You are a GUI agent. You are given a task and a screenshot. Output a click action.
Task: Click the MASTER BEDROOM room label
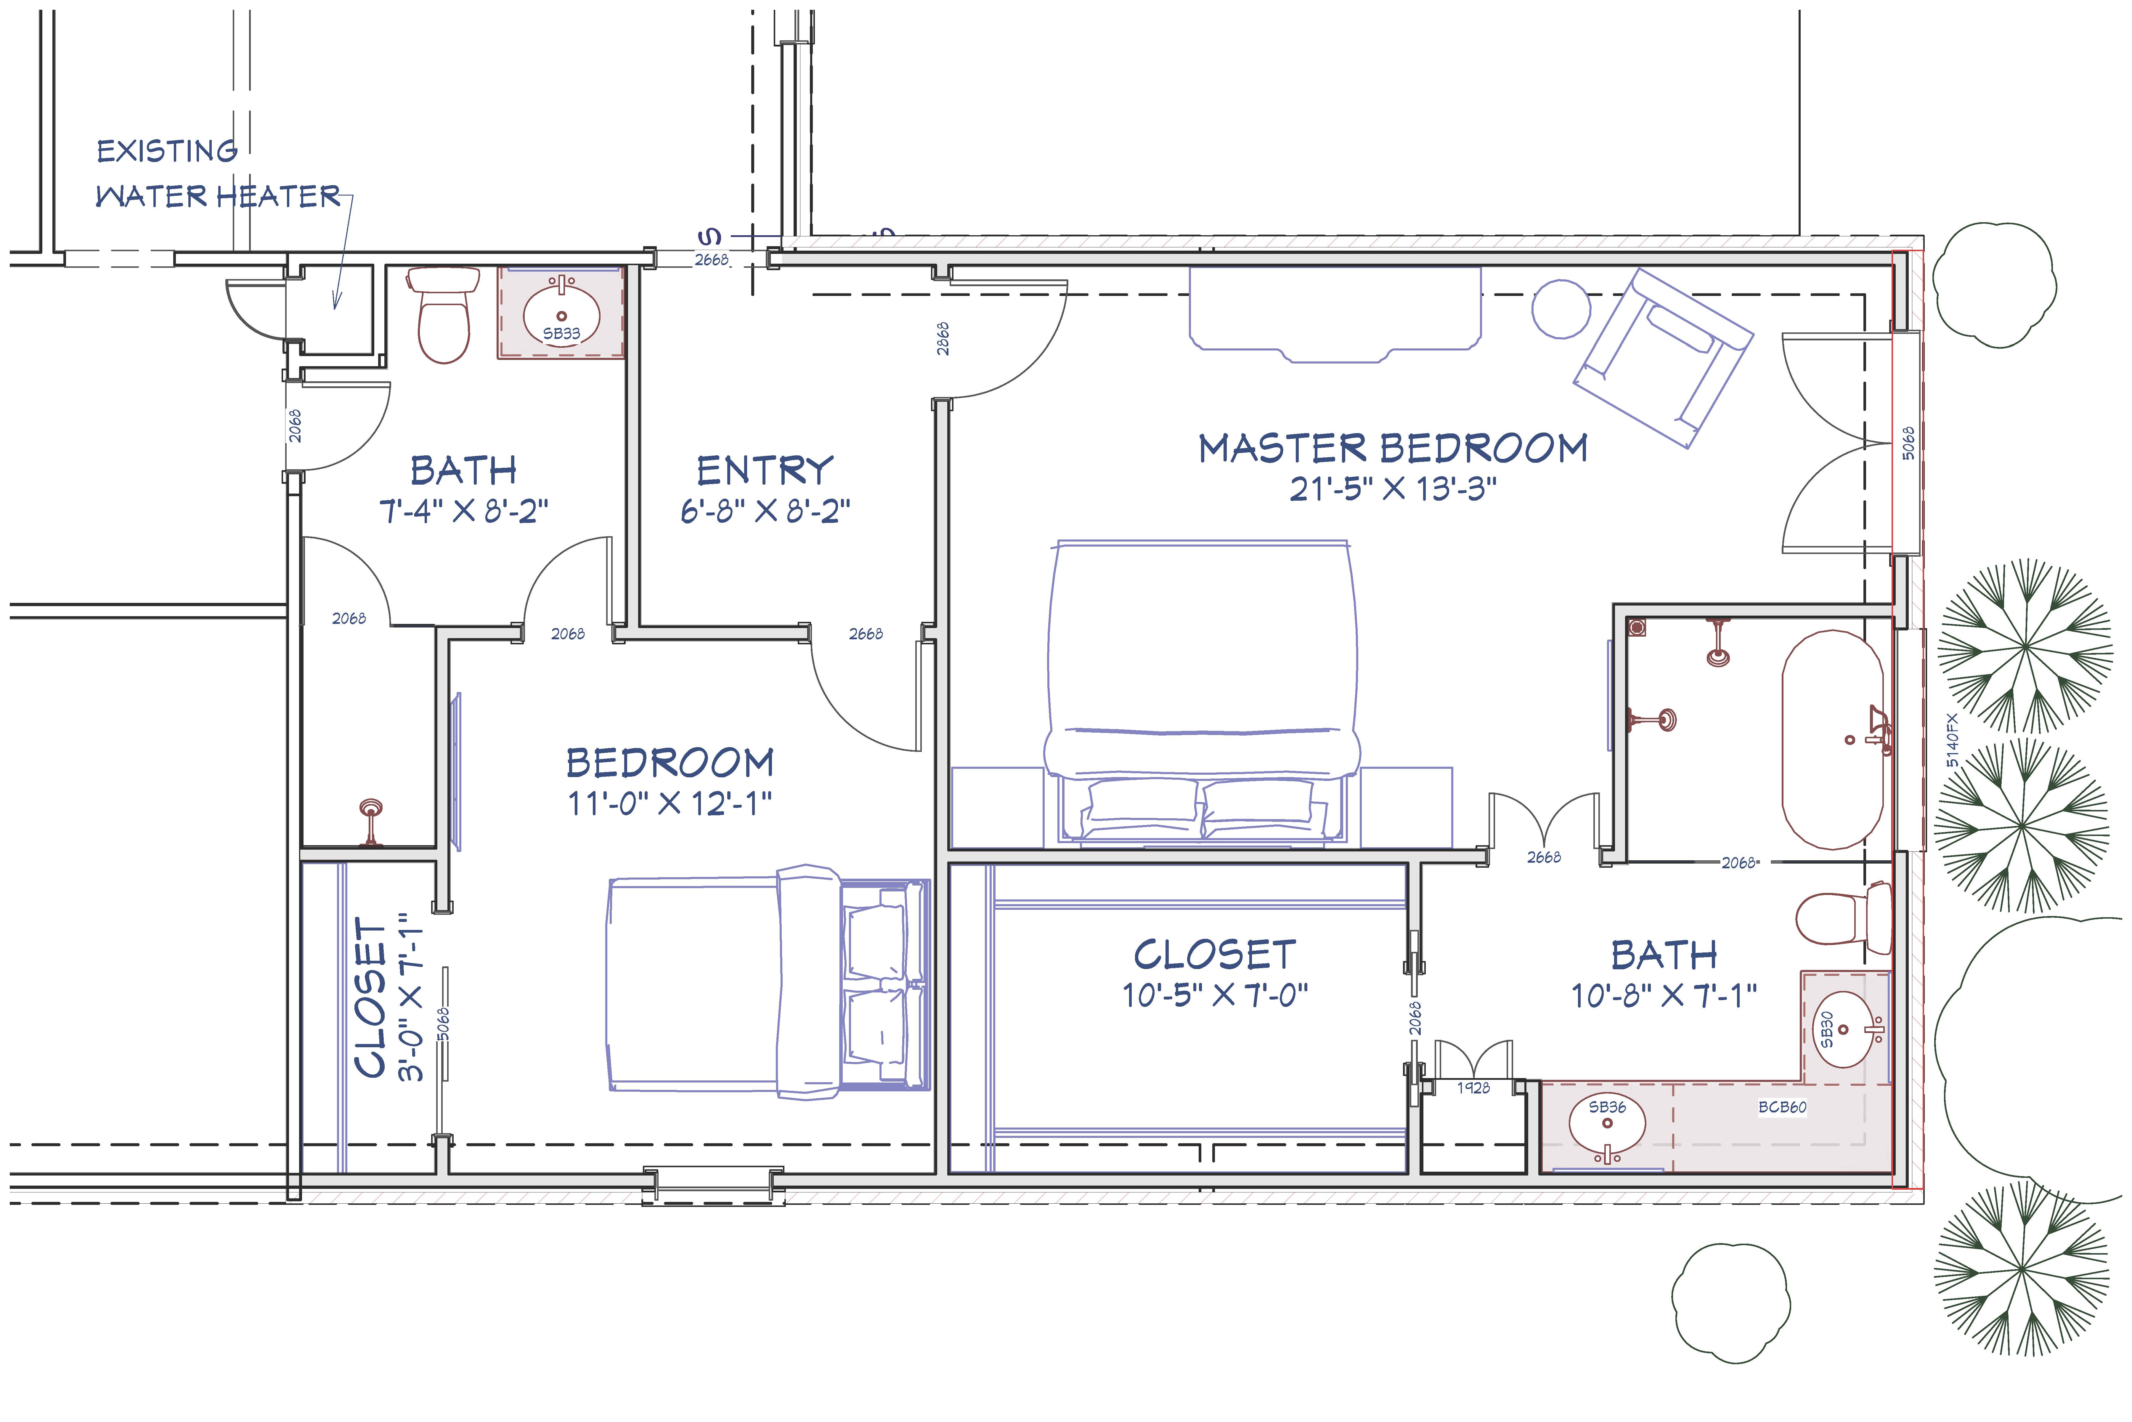point(1393,448)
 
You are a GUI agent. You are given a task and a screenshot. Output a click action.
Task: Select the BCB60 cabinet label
point(1782,1107)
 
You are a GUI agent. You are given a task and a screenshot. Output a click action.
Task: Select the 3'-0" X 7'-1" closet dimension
point(411,997)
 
